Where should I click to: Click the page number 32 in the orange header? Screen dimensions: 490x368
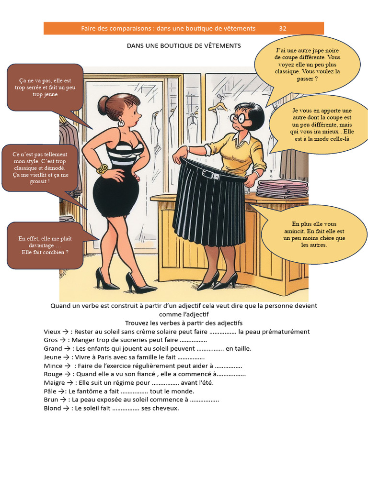[283, 28]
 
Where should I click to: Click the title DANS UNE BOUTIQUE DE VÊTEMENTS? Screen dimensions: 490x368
[184, 45]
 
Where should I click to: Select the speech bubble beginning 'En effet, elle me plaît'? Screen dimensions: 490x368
[45, 245]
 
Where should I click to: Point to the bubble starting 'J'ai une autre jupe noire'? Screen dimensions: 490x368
[300, 64]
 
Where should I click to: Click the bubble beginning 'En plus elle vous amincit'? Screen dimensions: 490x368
[314, 234]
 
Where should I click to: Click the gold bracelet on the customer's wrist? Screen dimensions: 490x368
[103, 169]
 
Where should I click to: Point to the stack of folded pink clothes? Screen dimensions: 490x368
[282, 189]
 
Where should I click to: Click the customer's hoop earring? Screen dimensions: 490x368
[121, 123]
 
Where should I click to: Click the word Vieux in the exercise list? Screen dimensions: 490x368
[52, 332]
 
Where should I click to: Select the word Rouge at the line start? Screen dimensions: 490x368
[53, 374]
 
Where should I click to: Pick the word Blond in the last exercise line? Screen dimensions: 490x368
[52, 408]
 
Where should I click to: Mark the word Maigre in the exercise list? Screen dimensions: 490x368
[54, 382]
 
